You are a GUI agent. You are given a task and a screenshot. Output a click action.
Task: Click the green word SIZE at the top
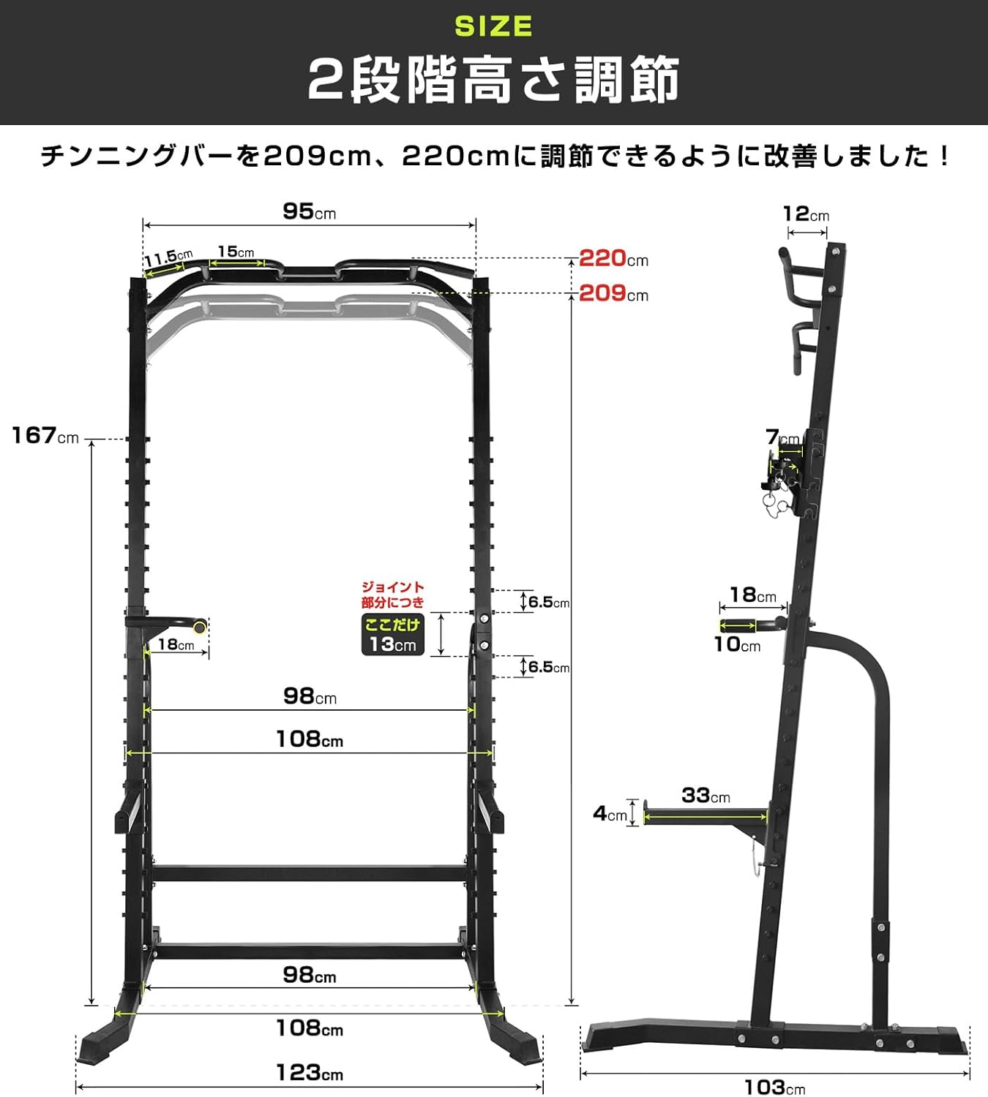[493, 26]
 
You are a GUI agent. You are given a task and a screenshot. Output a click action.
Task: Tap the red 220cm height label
[613, 258]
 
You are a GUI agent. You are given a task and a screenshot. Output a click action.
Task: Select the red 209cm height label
[613, 293]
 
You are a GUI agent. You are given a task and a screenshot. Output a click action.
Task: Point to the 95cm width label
[309, 212]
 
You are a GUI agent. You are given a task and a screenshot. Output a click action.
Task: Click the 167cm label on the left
[45, 436]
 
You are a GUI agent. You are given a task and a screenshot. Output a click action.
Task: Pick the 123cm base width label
[309, 1073]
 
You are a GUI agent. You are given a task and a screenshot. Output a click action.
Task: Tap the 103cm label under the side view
[774, 1087]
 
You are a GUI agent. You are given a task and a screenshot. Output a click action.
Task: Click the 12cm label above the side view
[806, 214]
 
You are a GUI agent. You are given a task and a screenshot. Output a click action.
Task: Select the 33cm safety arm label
[706, 796]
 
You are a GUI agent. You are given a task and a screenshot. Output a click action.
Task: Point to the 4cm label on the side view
[610, 813]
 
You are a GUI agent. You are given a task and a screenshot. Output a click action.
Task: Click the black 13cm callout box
[393, 635]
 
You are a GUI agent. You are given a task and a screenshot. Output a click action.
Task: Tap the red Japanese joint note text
[392, 595]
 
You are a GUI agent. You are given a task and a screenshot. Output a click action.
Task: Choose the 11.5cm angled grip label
[168, 258]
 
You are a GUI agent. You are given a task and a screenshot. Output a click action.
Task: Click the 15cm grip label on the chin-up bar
[236, 252]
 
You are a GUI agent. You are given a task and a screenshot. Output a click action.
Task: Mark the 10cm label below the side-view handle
[737, 644]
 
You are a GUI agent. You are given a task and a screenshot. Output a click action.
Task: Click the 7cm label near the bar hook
[782, 437]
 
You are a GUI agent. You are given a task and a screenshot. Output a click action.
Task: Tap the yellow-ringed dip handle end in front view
[199, 627]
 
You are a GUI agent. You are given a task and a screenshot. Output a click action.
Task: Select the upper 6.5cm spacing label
[548, 602]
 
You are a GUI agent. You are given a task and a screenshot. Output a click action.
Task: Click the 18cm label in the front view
[176, 644]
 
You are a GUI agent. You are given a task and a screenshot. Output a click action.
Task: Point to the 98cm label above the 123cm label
[309, 975]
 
